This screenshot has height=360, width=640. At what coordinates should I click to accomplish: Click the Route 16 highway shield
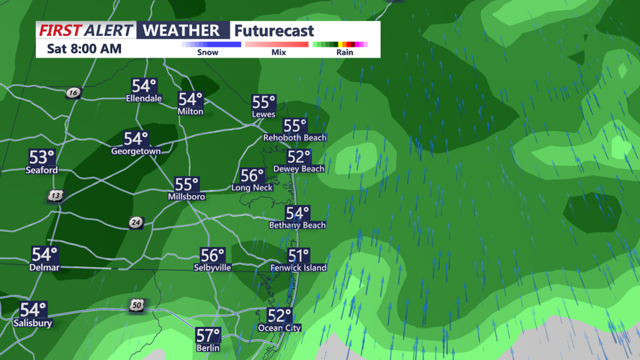73,93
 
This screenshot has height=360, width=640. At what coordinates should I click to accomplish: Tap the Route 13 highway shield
55,196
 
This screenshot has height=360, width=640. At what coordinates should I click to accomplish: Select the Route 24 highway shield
135,222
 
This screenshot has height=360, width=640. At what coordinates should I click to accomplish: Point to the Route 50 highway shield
137,306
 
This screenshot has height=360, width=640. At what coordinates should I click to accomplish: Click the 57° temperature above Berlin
208,335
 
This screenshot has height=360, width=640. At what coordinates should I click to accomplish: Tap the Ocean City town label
279,328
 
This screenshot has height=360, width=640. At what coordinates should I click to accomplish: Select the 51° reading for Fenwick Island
298,256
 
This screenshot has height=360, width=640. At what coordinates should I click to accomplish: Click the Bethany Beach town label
297,225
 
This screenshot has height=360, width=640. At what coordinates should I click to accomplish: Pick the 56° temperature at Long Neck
252,175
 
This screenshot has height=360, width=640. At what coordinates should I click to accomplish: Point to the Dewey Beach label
299,169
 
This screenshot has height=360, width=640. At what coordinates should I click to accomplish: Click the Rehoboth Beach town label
294,138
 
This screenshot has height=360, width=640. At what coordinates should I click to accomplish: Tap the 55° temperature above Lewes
263,102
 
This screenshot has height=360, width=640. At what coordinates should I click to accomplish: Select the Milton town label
191,112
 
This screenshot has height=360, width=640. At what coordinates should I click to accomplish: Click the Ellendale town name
144,99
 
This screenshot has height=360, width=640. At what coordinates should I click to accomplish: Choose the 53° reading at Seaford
42,157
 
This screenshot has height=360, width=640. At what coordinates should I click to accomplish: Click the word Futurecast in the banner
274,30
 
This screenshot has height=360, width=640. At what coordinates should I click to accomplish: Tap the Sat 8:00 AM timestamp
84,49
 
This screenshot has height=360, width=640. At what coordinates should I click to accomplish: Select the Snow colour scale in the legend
211,45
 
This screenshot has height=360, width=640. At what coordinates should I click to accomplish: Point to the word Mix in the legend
279,53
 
